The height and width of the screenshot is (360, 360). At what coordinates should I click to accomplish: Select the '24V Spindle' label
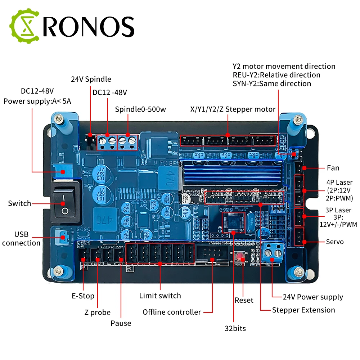91,79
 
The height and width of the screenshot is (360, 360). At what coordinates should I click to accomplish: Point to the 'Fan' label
333,168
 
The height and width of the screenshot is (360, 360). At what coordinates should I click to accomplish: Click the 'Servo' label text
334,242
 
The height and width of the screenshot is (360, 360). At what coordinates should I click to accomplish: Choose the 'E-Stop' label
83,296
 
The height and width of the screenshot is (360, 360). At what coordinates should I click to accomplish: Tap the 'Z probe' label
98,312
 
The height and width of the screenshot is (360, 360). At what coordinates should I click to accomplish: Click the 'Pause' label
121,323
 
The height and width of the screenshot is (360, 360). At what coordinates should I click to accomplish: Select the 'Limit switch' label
160,296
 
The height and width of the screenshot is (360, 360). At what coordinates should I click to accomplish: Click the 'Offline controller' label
172,312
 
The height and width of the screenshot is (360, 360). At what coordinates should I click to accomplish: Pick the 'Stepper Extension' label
303,310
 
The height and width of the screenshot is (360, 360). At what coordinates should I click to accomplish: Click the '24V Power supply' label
312,297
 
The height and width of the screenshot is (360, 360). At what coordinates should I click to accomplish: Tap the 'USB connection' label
21,238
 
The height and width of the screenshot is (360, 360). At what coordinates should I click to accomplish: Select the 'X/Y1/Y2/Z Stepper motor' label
233,109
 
